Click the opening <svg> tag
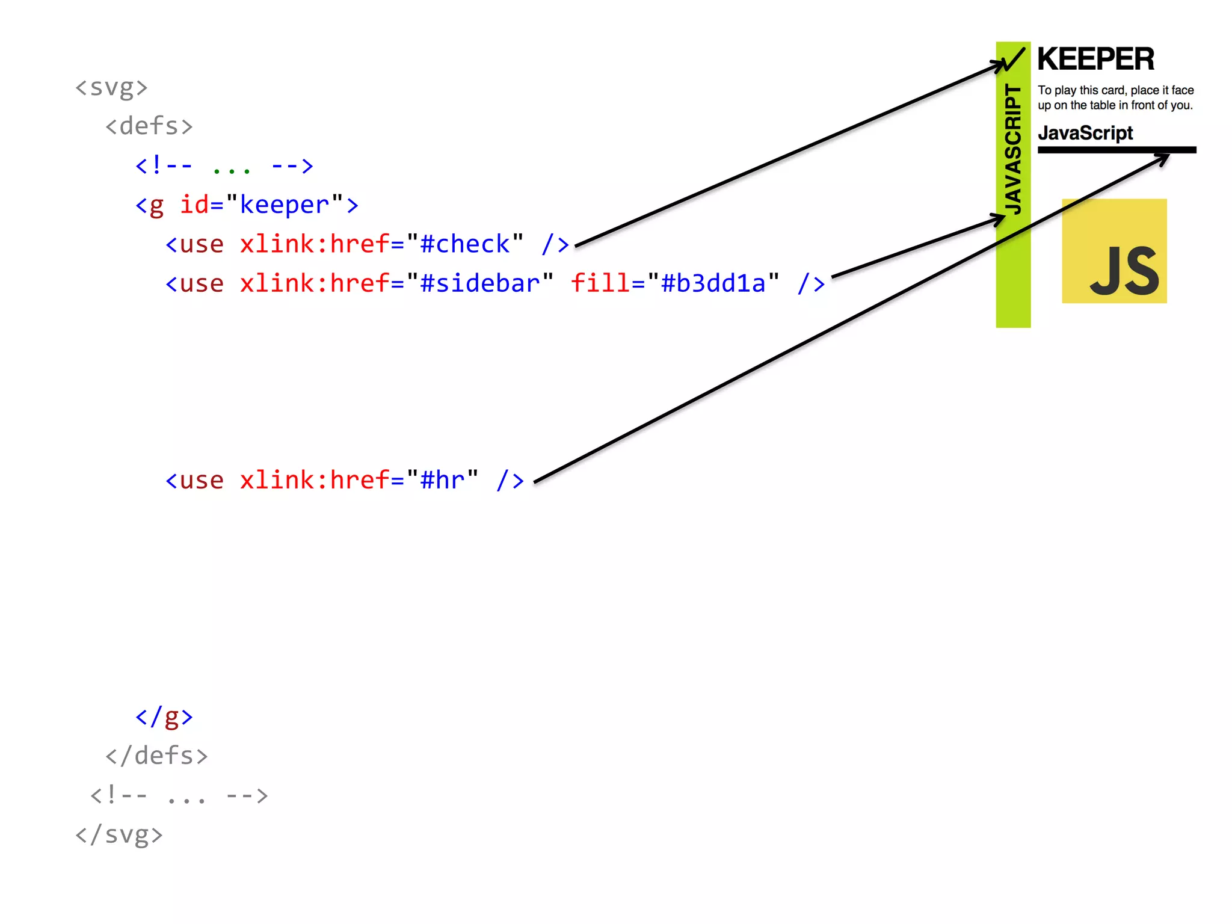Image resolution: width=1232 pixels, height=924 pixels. point(111,88)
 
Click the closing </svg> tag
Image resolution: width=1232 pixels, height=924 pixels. point(119,835)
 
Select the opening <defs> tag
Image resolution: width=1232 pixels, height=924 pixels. point(149,126)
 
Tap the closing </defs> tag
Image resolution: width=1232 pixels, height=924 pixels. point(156,756)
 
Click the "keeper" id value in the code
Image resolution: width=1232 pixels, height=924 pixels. point(284,206)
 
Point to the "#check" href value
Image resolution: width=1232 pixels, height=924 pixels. point(464,245)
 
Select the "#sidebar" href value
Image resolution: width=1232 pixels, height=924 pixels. point(479,284)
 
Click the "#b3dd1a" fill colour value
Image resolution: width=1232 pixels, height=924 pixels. point(713,284)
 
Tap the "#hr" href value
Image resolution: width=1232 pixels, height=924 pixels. point(442,481)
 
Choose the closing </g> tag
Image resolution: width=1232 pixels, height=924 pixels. point(164,717)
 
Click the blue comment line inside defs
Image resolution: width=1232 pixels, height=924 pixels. point(224,166)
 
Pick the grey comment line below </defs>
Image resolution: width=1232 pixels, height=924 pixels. point(179,796)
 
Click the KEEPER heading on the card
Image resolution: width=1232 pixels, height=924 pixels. point(1095,60)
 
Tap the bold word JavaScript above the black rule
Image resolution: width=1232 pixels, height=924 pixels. point(1085,133)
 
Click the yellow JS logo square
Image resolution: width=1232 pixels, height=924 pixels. point(1114,251)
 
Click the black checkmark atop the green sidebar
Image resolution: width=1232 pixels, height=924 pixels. point(1014,60)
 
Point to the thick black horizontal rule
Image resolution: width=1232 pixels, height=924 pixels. point(1116,150)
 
